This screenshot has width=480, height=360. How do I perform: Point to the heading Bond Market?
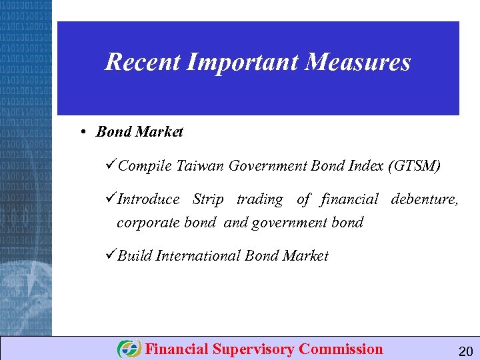tap(139, 132)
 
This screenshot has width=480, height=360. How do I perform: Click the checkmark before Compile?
tap(111, 165)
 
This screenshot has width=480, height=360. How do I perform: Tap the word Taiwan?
tap(201, 166)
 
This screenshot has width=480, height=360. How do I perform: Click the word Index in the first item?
tap(364, 166)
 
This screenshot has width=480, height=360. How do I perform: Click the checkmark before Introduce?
tap(111, 199)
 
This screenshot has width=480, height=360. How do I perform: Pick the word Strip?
tap(208, 199)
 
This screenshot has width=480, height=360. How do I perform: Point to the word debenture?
tap(424, 199)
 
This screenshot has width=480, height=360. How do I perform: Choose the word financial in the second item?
tap(349, 199)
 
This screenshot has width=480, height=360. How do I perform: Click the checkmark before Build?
tap(111, 255)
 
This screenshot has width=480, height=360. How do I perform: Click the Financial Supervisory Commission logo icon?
tap(129, 349)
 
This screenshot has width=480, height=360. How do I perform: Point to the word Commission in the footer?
tap(341, 349)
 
